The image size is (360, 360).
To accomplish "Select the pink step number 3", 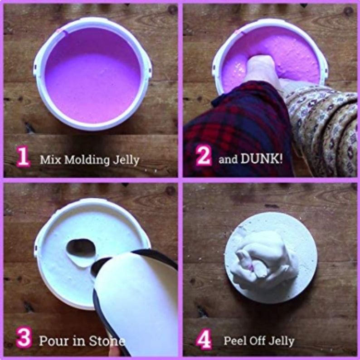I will (23, 339).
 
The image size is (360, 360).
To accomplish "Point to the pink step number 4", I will (204, 339).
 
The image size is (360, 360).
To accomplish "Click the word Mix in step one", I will (49, 160).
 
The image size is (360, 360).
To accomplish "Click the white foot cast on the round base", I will (263, 258).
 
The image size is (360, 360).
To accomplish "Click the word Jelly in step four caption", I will (281, 341).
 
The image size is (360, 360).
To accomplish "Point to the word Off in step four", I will (257, 340).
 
